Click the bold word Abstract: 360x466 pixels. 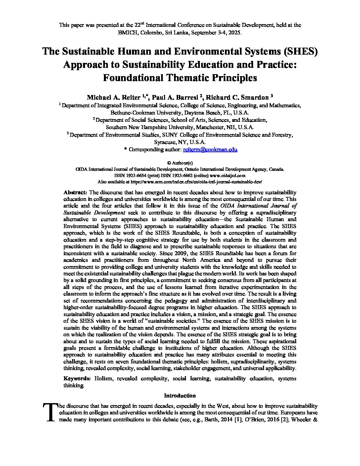pos(75,192)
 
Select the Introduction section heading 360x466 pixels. pos(180,396)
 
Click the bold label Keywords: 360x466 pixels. pos(77,378)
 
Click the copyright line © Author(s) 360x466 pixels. pos(180,163)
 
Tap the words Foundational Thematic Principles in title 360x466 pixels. pos(180,78)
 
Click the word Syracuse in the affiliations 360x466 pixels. pos(165,142)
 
